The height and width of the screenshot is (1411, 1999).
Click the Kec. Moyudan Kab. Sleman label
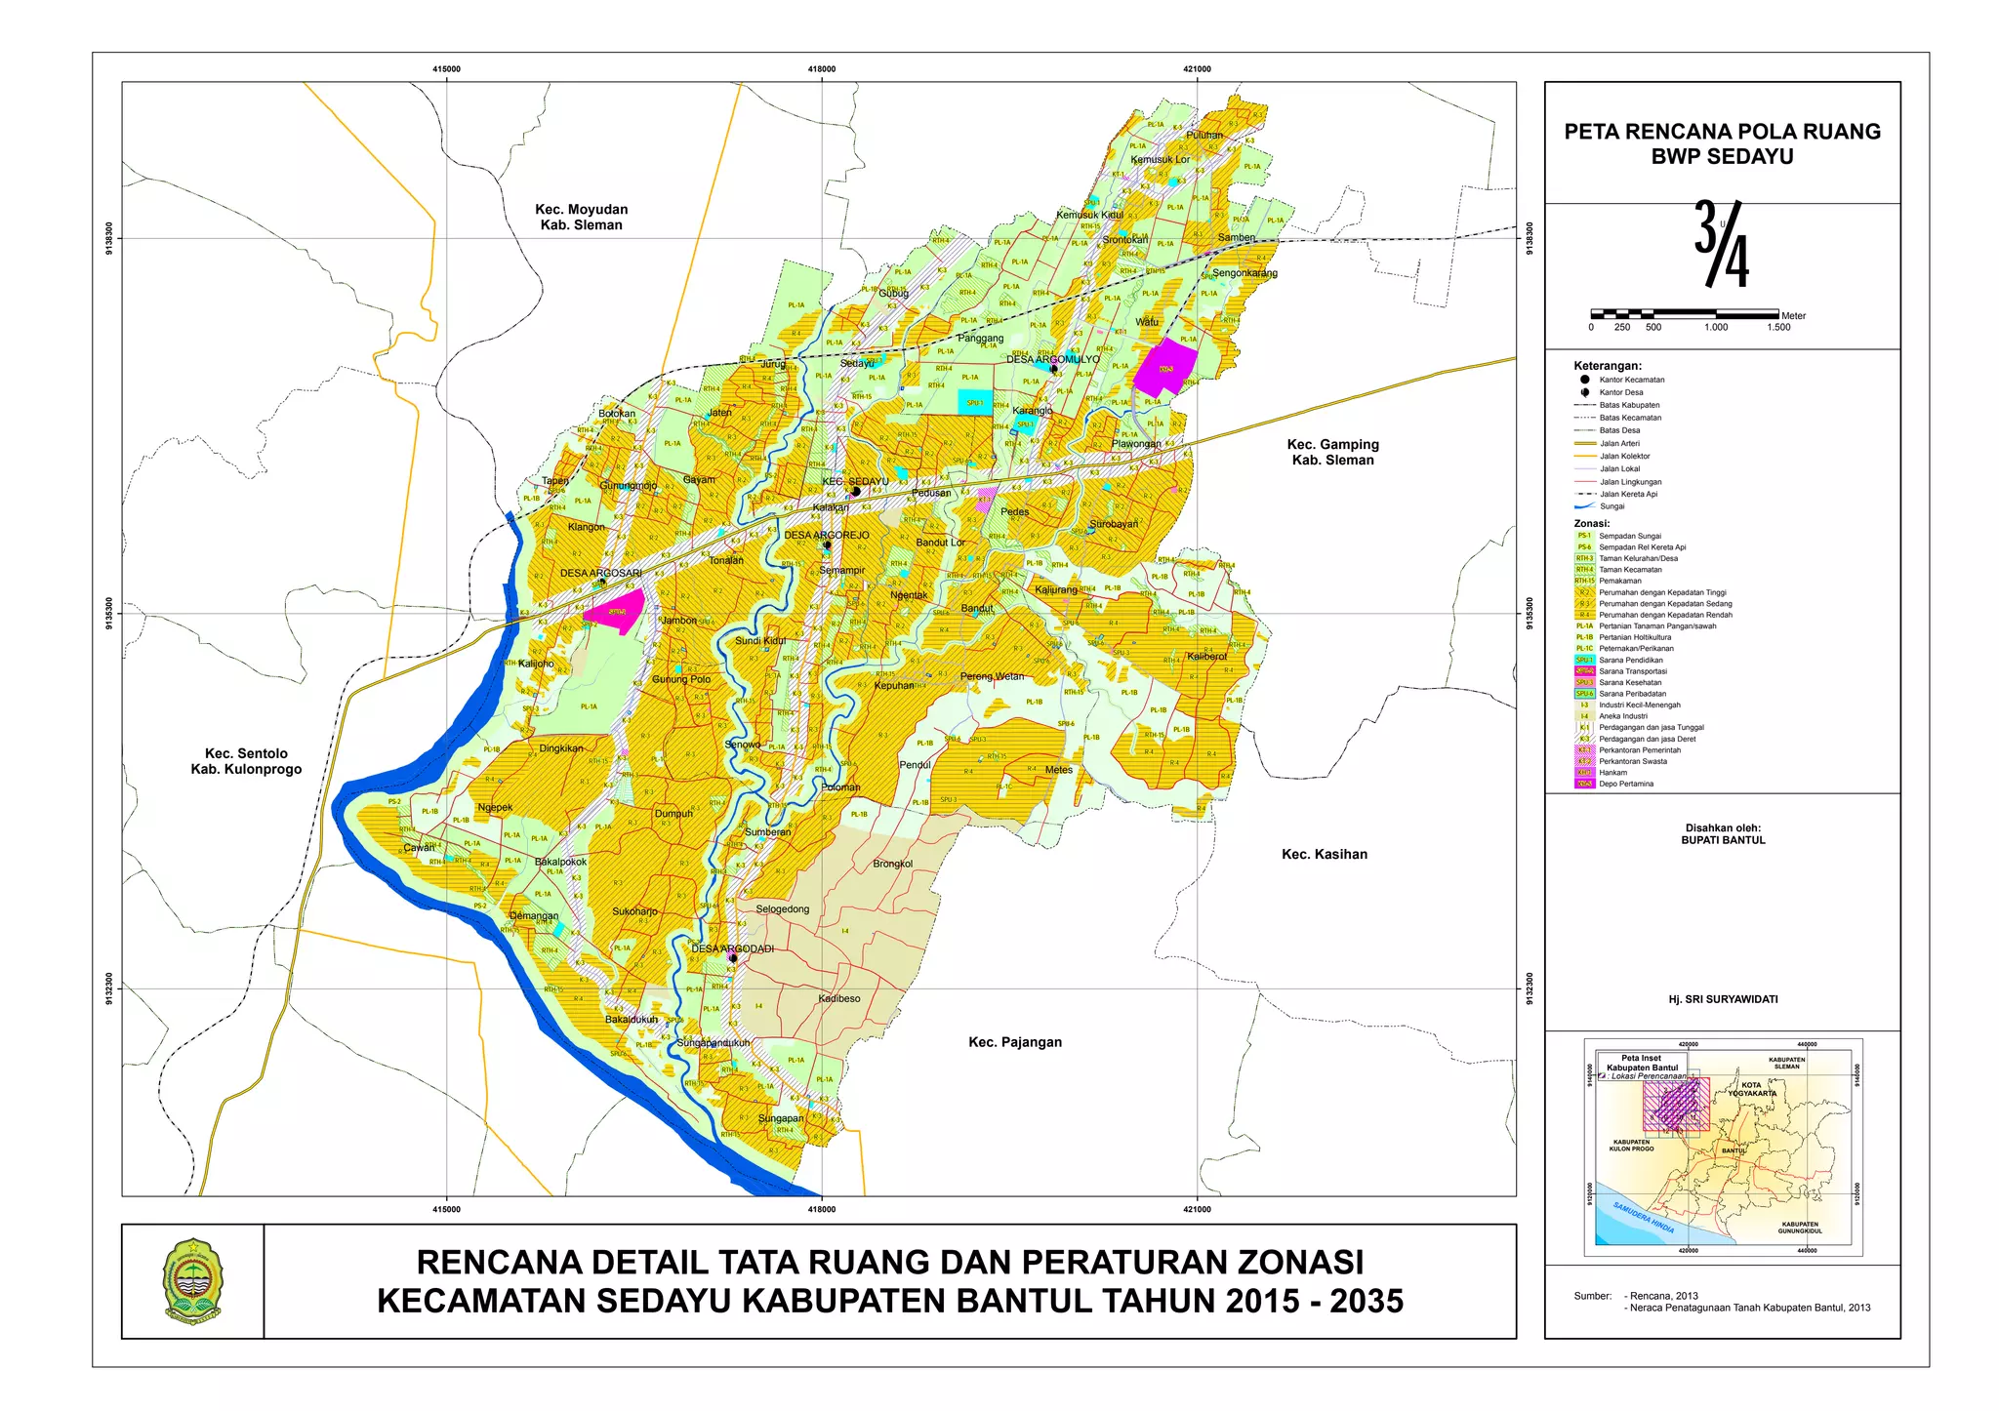coord(581,217)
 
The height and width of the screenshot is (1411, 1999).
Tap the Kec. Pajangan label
coord(1014,1042)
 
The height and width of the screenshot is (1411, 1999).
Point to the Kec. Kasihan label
coord(1324,854)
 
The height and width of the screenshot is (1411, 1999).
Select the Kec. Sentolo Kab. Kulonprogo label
coord(246,761)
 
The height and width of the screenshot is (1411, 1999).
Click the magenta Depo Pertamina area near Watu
coord(1164,367)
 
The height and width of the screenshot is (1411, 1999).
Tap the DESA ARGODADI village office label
coord(732,948)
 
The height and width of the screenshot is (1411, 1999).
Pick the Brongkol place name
coord(892,864)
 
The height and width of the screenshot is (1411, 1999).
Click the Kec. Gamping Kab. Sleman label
coord(1332,452)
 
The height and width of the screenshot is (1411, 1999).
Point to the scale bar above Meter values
coord(1684,314)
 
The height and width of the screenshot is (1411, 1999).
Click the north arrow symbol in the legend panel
coord(1722,244)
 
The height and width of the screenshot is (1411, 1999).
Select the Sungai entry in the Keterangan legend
coord(1611,506)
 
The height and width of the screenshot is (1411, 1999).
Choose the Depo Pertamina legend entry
coord(1625,784)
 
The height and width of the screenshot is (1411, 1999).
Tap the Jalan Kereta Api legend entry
coord(1628,494)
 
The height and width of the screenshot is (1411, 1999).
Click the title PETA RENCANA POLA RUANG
coord(1722,132)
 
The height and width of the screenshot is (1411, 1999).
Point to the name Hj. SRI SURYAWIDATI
coord(1723,999)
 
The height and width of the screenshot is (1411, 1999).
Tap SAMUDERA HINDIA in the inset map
coord(1643,1217)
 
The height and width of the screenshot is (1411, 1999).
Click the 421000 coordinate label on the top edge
coord(1197,69)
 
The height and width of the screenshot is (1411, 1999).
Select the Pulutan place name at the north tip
coord(1203,136)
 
